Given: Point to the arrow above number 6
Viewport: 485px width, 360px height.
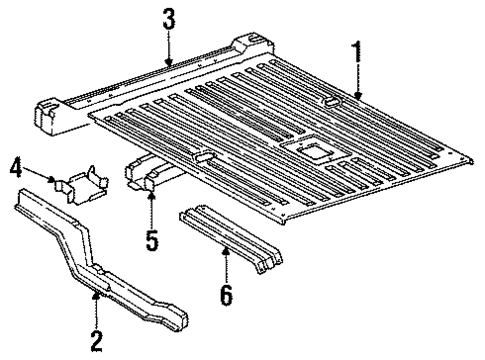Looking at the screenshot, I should (x=226, y=263).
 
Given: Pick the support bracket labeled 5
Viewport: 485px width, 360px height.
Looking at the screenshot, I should (x=150, y=174).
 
